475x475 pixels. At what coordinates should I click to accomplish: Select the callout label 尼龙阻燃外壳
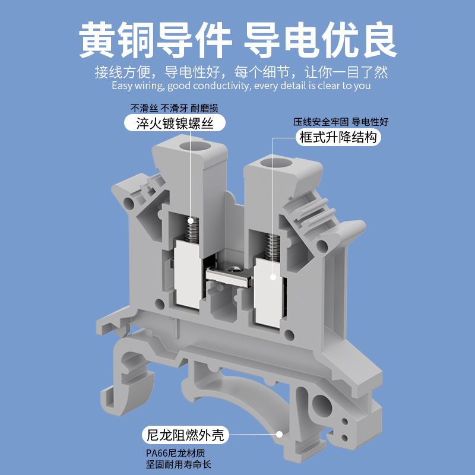click(186, 435)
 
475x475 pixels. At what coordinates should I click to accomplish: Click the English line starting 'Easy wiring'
click(241, 85)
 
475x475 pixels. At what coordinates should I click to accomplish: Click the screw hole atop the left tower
click(195, 146)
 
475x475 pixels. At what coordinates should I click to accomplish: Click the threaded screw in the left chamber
click(191, 229)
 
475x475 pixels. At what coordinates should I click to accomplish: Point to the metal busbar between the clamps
click(229, 274)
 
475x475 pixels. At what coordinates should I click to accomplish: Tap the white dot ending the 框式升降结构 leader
click(273, 276)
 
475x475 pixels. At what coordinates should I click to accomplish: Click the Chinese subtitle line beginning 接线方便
click(241, 72)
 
